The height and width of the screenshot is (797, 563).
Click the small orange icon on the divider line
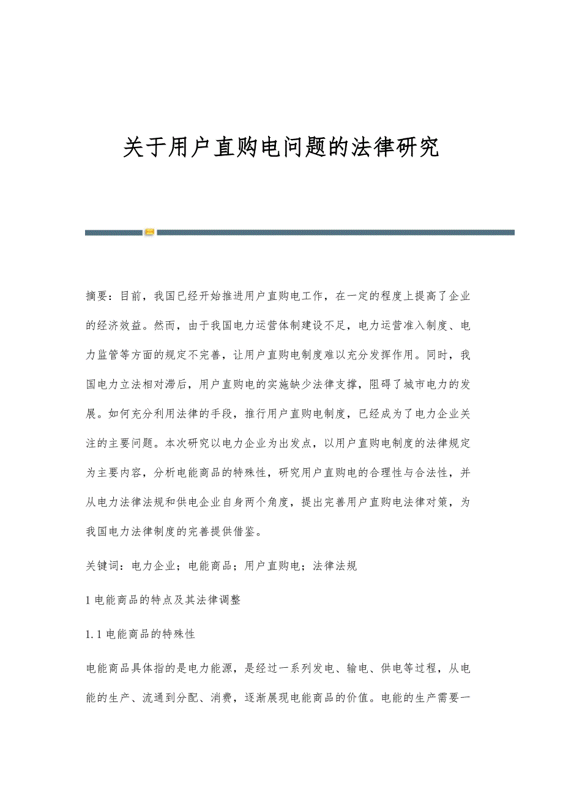click(149, 233)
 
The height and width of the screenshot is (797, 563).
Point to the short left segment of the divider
click(114, 233)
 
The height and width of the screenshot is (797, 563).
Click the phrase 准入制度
click(422, 326)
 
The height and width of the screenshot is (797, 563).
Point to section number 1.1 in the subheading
click(94, 634)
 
